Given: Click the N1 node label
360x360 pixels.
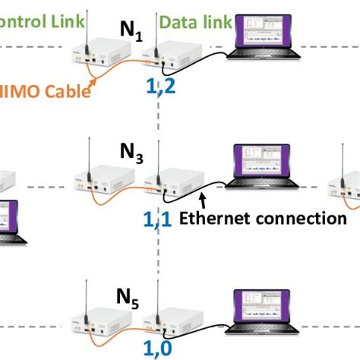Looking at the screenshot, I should click(134, 31).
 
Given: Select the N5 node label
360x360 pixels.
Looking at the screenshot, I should click(128, 294).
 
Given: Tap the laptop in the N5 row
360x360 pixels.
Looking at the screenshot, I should click(266, 311).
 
